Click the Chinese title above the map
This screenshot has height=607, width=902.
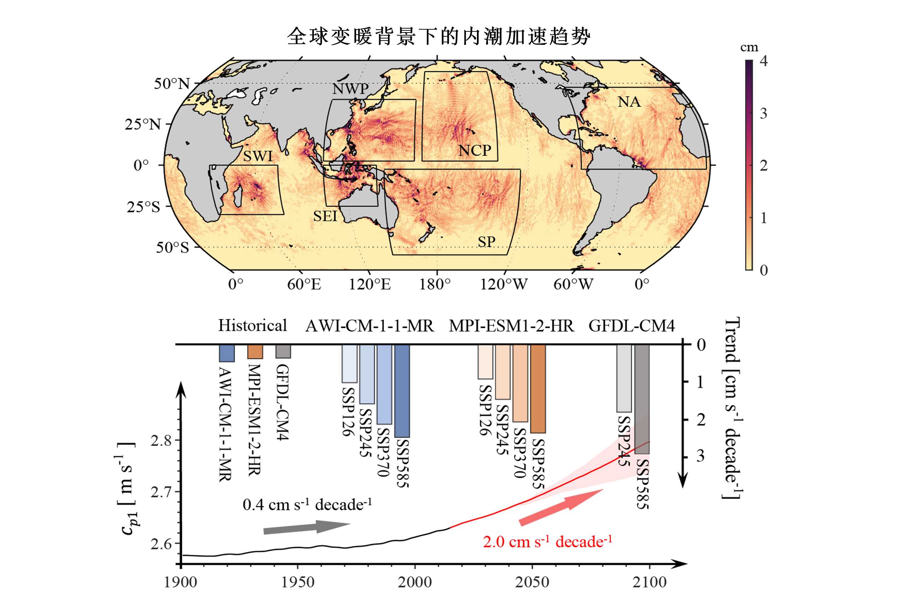point(438,37)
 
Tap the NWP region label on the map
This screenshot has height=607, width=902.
point(351,89)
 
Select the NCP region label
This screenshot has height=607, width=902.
point(474,150)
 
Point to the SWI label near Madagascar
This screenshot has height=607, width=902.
point(258,156)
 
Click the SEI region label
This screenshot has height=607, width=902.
point(325,216)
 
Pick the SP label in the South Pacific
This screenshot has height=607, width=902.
point(486,241)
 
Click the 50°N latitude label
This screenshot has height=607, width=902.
point(172,84)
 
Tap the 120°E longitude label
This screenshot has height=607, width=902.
point(370,284)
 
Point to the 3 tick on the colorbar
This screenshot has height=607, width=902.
point(763,113)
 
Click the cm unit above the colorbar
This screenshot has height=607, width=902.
point(749,47)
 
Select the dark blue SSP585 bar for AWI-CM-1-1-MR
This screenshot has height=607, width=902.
point(402,391)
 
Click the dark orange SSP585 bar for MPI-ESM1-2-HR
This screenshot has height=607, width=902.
point(538,389)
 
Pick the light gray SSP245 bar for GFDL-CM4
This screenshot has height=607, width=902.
point(624,378)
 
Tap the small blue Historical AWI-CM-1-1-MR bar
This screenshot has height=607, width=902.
point(227,353)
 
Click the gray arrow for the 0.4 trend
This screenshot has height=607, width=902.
point(306,527)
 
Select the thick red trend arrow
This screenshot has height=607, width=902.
point(561,507)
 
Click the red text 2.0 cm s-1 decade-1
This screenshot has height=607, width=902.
point(547,542)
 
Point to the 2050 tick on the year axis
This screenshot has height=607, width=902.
point(532,582)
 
